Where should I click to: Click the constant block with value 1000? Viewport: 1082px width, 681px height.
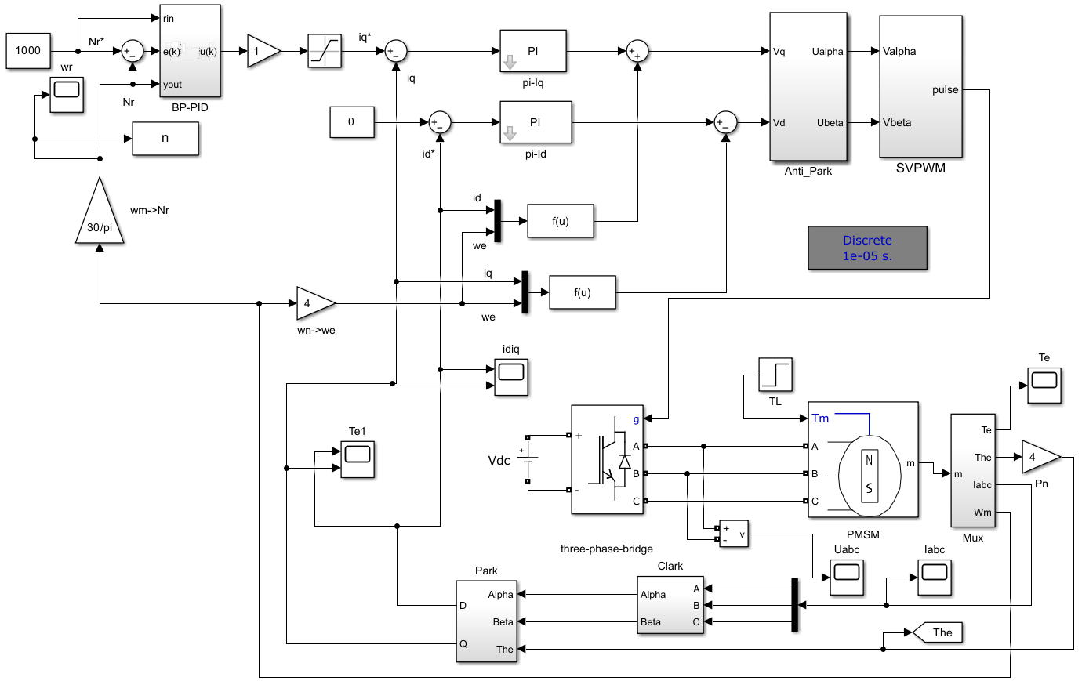28,51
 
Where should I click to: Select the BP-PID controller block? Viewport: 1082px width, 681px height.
190,51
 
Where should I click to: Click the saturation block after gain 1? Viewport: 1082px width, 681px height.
325,52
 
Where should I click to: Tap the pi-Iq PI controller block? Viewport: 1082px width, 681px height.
532,52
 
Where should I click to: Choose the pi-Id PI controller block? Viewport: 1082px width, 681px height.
536,122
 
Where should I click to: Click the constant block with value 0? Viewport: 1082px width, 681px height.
351,122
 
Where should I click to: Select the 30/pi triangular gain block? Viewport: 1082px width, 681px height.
100,216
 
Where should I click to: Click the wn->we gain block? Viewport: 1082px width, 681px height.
314,303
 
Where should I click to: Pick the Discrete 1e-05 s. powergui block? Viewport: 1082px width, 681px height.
867,248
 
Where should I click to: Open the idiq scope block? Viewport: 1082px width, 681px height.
511,376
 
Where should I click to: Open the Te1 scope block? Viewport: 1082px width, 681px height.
358,459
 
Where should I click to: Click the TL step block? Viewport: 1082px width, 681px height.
775,375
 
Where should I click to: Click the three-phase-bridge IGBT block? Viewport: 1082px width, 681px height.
607,459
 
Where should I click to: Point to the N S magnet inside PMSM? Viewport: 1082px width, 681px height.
869,475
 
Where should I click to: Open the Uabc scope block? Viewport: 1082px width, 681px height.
847,577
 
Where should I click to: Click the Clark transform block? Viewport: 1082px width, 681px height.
670,605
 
